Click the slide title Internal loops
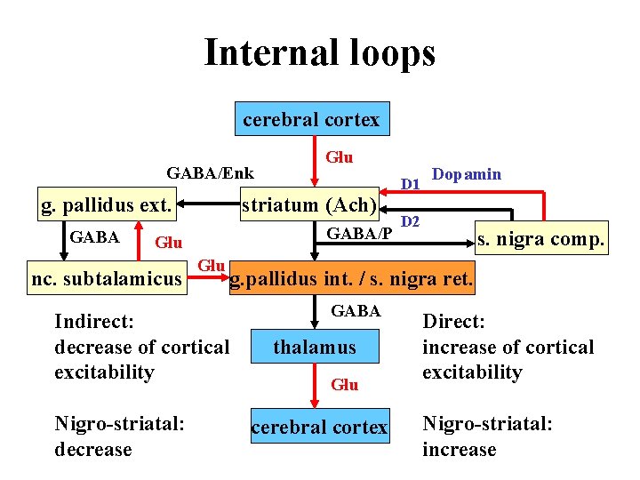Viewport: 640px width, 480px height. (320, 52)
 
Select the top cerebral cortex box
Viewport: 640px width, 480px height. (311, 119)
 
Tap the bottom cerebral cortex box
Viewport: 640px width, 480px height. (319, 428)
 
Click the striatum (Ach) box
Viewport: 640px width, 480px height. (310, 205)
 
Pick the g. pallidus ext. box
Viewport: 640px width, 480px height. (107, 205)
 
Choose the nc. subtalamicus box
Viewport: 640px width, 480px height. (106, 279)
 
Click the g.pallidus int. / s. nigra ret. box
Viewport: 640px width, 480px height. (352, 281)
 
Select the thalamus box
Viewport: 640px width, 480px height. (314, 348)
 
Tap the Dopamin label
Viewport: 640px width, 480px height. (466, 174)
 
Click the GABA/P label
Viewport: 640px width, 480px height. (360, 234)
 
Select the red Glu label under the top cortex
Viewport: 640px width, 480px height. (339, 157)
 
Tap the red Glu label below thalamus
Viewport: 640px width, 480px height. (344, 385)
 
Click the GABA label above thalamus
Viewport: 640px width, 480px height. (356, 311)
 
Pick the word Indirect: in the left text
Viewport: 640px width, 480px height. (93, 321)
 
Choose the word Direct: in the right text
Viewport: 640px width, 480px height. (454, 321)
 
